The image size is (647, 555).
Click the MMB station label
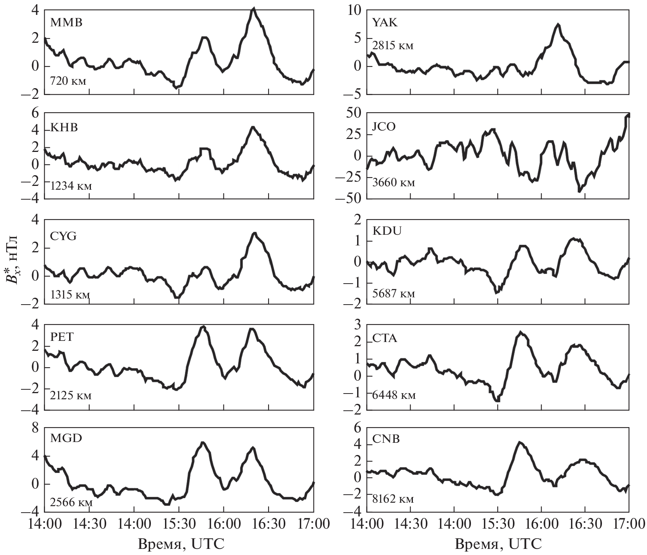[66, 23]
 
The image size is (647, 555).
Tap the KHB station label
[64, 127]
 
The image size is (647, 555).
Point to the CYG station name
[63, 236]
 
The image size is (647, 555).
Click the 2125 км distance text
[71, 395]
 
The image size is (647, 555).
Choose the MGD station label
[66, 438]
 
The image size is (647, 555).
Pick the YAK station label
[385, 23]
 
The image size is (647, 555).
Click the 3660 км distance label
[393, 183]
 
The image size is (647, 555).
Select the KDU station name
[387, 231]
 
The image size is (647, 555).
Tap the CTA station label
[385, 338]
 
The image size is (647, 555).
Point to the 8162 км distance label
[393, 499]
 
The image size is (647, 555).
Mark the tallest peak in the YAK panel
[558, 25]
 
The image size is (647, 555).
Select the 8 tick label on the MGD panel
[35, 428]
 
